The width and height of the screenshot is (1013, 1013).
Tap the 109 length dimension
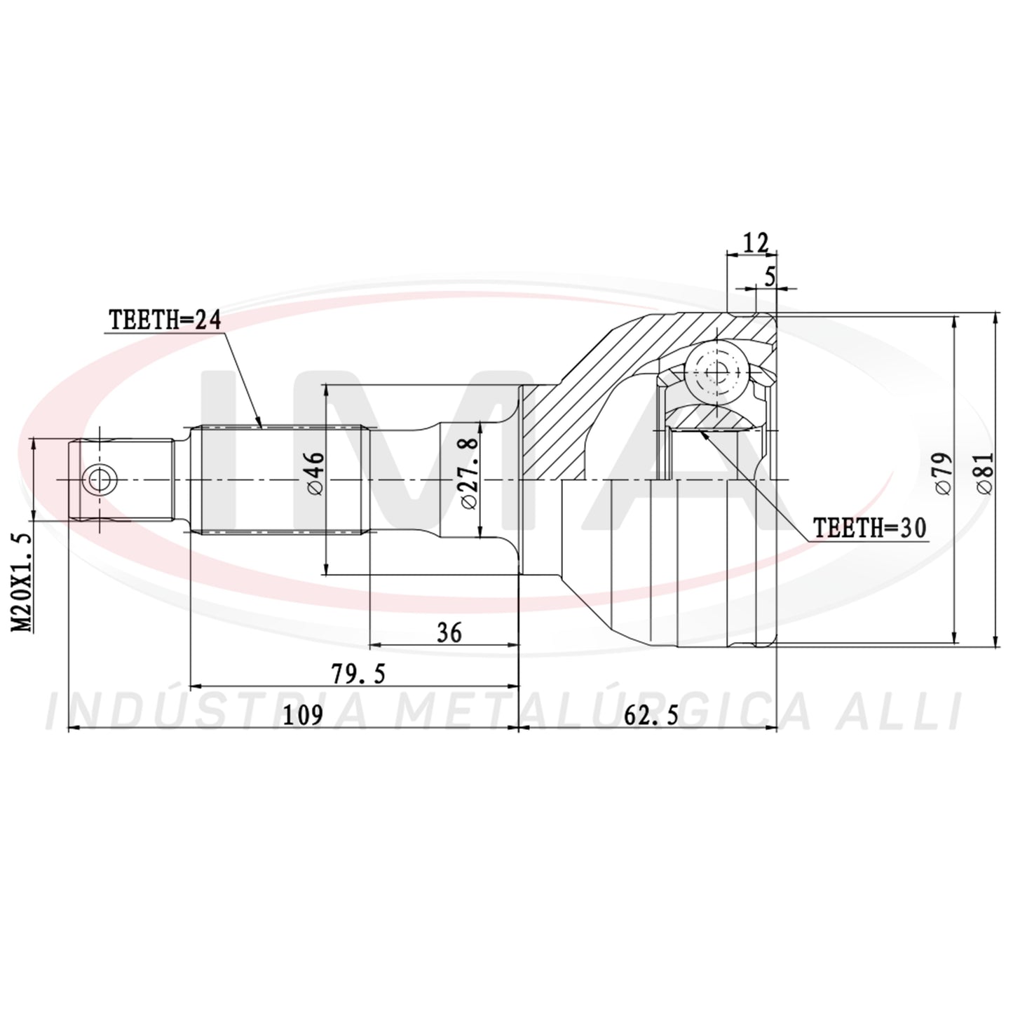302,716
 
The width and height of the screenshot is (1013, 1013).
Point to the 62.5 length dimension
651,716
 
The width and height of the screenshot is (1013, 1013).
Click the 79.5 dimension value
358,674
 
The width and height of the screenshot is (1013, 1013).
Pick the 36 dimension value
449,632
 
